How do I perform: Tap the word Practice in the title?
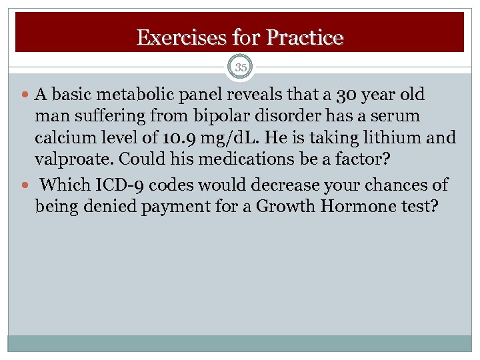point(304,37)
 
